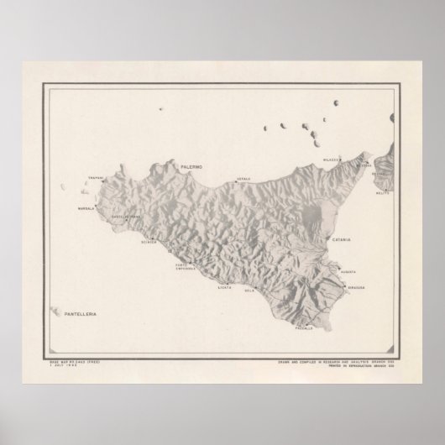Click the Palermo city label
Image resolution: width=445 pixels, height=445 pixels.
click(191, 168)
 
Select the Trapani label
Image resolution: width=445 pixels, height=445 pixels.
click(94, 177)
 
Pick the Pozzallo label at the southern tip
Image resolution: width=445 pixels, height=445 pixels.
click(303, 327)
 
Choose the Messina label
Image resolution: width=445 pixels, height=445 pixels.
click(363, 165)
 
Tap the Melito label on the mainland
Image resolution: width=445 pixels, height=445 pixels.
click(384, 192)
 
